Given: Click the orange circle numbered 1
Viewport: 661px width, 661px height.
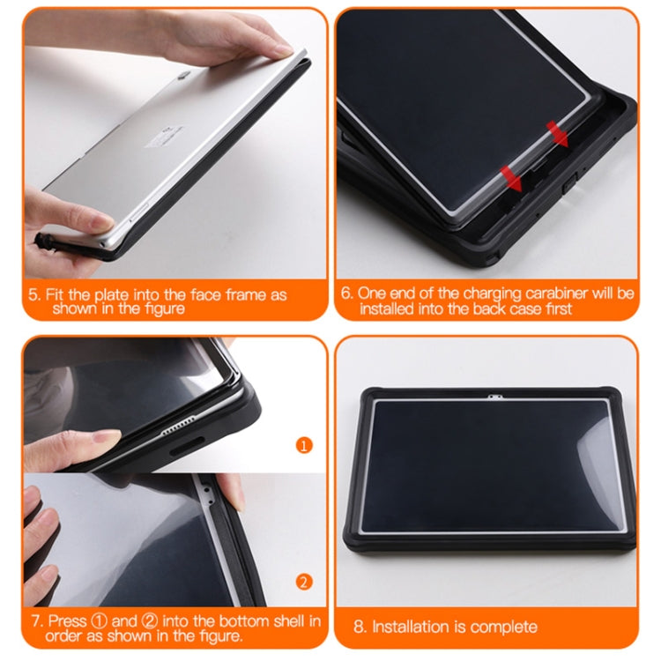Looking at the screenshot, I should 304,445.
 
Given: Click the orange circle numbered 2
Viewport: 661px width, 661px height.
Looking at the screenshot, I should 304,581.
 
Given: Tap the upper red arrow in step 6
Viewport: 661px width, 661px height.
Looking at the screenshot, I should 557,132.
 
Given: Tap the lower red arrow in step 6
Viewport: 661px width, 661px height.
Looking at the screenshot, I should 510,176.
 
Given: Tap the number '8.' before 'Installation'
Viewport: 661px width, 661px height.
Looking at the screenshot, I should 360,627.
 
